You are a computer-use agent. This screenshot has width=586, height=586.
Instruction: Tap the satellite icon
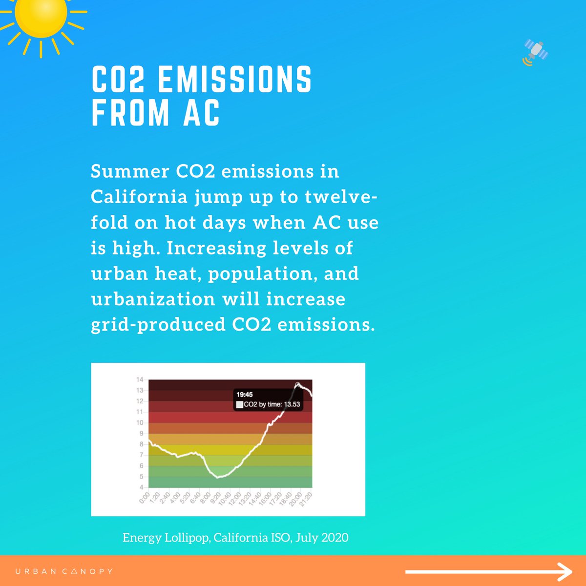535,52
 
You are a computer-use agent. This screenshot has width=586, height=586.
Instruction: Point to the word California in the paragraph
140,197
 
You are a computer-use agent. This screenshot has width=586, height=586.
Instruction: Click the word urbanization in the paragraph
153,298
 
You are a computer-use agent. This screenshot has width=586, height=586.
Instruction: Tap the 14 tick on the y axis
140,380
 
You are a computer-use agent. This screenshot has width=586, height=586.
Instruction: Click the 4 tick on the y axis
142,487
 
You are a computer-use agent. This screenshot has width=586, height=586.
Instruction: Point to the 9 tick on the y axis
142,434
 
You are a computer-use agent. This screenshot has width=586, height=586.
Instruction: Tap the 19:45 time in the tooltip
244,395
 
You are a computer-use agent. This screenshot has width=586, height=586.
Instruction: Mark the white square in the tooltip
239,405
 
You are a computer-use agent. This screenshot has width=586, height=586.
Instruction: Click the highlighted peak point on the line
297,384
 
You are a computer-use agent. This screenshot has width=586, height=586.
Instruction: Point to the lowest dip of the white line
218,477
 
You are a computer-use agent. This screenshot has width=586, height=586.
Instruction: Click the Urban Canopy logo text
64,571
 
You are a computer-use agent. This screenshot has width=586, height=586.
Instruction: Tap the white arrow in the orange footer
488,571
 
